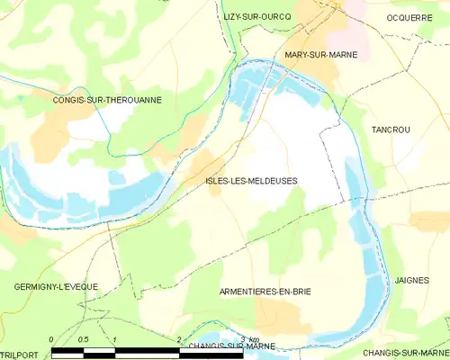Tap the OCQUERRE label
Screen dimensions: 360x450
[409, 17]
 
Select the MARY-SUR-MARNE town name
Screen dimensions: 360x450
[321, 55]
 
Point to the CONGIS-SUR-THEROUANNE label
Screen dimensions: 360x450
[107, 100]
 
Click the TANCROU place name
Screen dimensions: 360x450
[391, 130]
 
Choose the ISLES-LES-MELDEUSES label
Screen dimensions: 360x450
[251, 181]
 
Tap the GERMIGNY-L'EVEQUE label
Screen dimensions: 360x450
[56, 286]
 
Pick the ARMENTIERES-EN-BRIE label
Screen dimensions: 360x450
[265, 292]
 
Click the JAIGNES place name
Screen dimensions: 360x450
[412, 281]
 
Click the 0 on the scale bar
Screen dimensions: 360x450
[52, 338]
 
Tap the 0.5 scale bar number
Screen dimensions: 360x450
[83, 338]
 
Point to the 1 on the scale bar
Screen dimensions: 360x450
[115, 338]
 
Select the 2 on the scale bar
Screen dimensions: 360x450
[179, 338]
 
